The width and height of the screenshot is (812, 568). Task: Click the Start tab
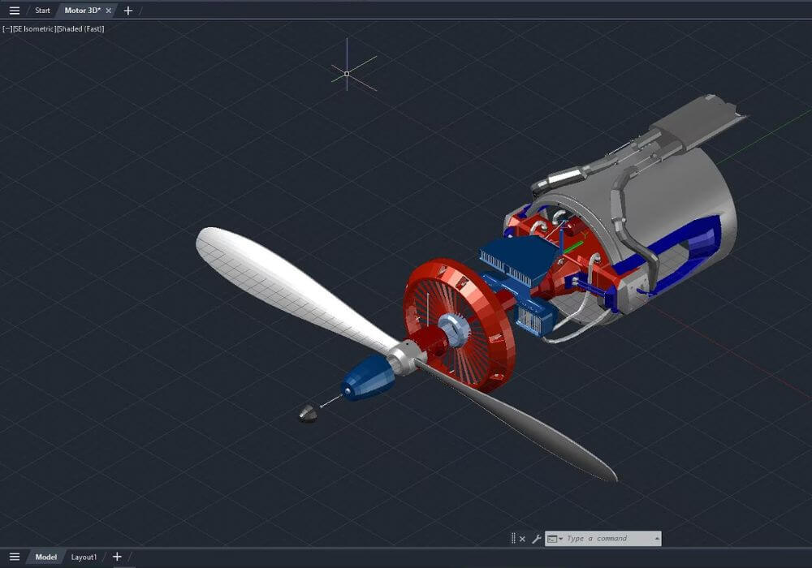tap(42, 11)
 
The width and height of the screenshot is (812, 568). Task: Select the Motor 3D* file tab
tap(82, 11)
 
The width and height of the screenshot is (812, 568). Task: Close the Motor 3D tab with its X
tap(109, 11)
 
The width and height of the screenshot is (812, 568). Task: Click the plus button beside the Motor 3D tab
tap(127, 11)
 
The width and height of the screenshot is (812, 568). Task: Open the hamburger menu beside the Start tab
tap(14, 11)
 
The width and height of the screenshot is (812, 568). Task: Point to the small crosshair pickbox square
tap(347, 74)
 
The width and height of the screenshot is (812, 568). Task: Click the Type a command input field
tap(609, 539)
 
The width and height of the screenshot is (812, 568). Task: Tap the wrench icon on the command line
tap(536, 539)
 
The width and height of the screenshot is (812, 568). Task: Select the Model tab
tap(46, 557)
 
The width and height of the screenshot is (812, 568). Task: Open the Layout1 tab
tap(84, 557)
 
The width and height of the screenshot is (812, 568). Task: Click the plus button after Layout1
tap(117, 557)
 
